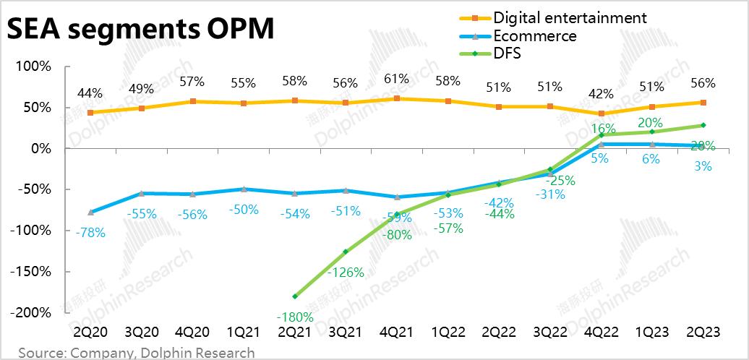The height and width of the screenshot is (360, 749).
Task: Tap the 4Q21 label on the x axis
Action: (395, 333)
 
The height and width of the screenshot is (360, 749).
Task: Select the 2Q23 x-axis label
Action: (703, 333)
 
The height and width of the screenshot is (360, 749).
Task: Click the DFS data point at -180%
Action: (294, 296)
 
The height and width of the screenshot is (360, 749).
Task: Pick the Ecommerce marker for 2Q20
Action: (90, 212)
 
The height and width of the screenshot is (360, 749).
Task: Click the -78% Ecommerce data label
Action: (90, 233)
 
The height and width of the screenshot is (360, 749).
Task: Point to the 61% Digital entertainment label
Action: (395, 79)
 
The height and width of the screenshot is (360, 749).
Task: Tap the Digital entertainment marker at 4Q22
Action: (601, 113)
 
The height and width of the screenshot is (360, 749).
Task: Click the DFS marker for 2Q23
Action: (703, 125)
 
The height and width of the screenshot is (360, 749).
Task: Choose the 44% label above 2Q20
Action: (90, 93)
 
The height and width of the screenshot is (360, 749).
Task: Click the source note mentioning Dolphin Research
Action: (137, 353)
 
